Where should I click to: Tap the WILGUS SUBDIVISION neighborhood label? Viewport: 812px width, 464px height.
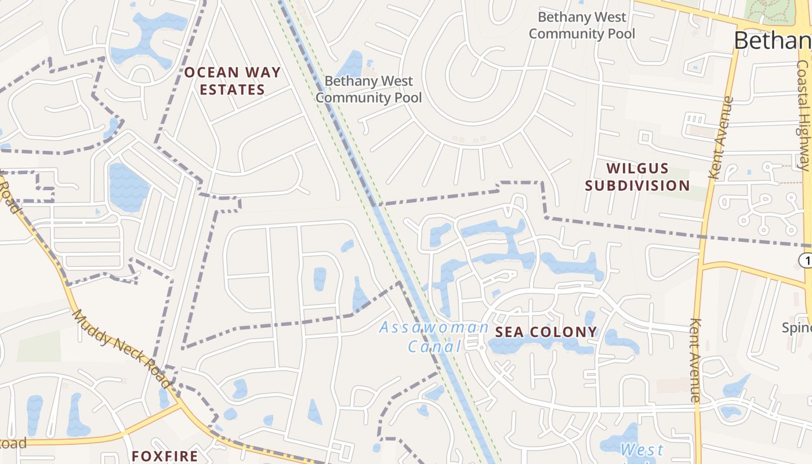coord(637,177)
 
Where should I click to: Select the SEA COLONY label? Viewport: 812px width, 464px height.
coord(546,332)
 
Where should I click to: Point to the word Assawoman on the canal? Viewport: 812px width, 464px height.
coord(434,328)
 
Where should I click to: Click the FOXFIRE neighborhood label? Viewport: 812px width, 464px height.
coord(165,456)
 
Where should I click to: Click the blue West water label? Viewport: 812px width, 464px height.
coord(641,449)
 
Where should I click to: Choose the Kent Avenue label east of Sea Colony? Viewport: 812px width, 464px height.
coord(696,360)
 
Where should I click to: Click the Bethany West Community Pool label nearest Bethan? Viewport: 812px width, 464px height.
coord(581,26)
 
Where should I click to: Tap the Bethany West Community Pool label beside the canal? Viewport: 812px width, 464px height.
coord(368,89)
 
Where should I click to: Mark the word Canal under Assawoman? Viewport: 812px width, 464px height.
coord(434,347)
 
